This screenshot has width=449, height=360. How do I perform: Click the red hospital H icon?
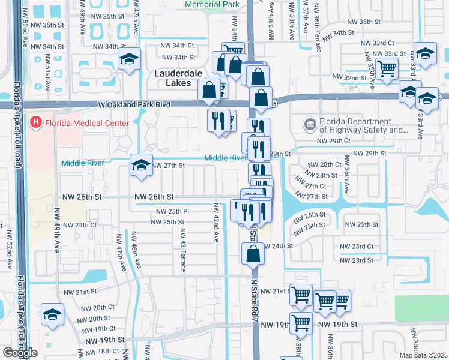[x=36, y=123]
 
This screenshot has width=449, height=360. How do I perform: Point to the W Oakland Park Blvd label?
[x=134, y=104]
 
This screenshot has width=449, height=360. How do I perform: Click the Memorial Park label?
[x=212, y=4]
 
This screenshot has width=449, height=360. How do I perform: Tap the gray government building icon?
[x=310, y=124]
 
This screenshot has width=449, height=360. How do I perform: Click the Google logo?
[x=20, y=353]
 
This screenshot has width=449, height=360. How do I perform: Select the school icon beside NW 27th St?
[x=140, y=166]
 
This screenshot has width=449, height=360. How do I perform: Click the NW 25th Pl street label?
[x=173, y=211]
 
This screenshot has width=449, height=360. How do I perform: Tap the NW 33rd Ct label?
[x=378, y=43]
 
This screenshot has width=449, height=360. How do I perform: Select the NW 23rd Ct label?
[x=357, y=247]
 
